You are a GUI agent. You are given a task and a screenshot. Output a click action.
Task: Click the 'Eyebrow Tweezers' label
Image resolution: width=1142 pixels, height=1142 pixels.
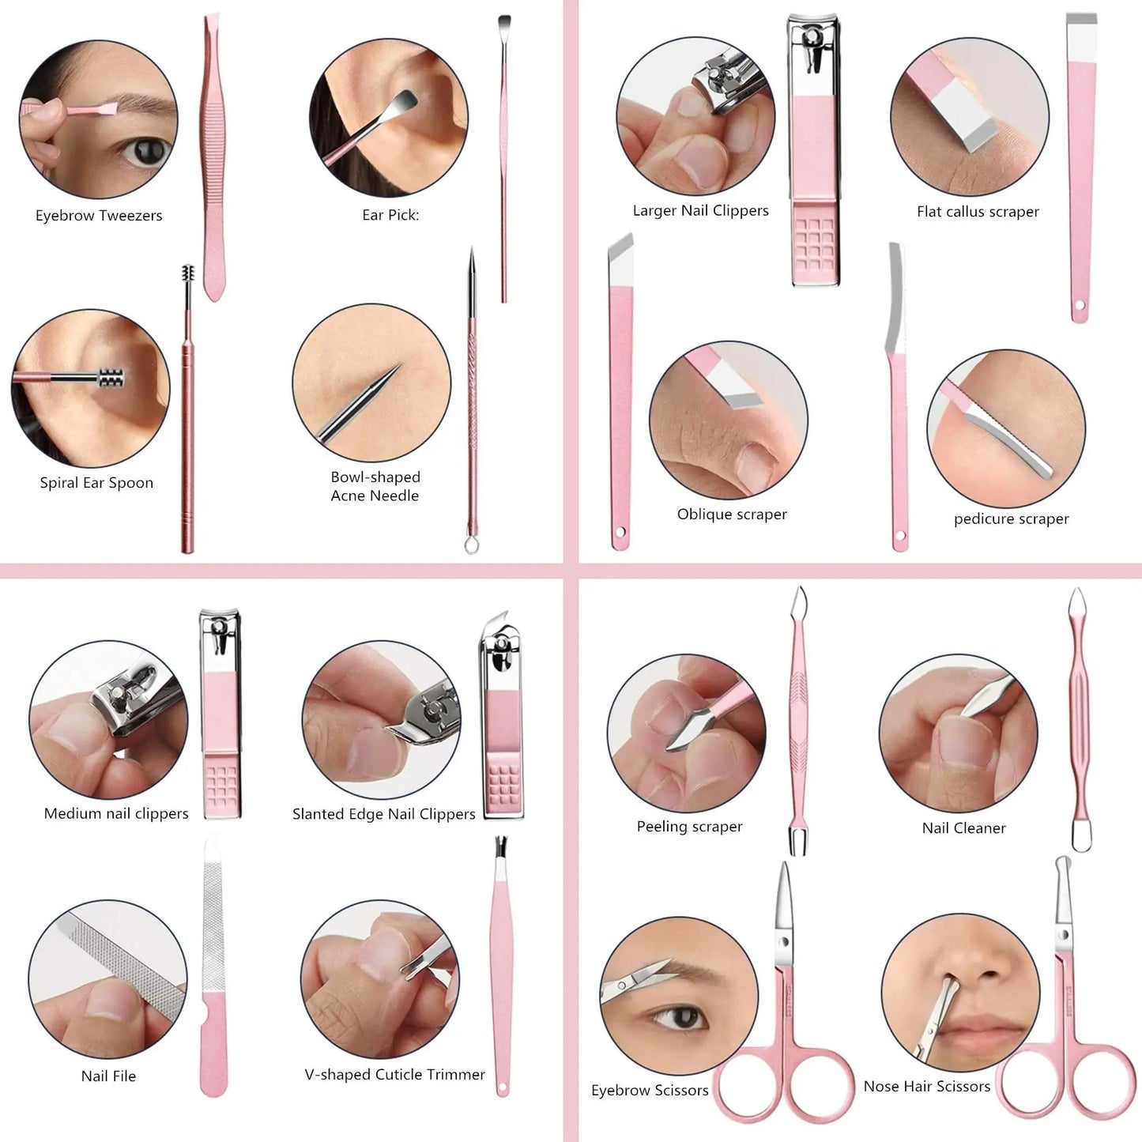(x=99, y=216)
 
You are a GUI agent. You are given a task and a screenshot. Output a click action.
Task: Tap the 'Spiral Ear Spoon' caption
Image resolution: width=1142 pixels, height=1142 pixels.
(x=96, y=483)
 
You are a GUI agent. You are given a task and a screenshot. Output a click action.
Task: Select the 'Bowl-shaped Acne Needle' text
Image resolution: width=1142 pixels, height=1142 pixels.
(x=375, y=486)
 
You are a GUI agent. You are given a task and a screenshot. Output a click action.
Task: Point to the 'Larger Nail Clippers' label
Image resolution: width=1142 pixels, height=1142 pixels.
(x=700, y=211)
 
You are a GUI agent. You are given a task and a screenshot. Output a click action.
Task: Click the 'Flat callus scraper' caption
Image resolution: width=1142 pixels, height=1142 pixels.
(x=978, y=212)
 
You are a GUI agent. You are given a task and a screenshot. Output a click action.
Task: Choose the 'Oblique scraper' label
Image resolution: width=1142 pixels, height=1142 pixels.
(x=732, y=514)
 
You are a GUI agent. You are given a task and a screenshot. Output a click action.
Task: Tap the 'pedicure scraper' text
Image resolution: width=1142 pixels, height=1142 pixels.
(x=1011, y=519)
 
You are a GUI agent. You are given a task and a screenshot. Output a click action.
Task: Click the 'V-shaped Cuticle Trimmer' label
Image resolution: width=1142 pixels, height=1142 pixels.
(x=394, y=1075)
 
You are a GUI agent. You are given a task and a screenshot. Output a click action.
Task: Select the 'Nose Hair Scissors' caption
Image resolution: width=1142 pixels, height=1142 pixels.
(x=926, y=1087)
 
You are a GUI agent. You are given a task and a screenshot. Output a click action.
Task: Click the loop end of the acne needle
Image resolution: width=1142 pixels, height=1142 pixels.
(x=472, y=545)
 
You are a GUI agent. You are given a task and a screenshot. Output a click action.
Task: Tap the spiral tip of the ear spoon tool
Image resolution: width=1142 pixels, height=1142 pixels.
(x=188, y=275)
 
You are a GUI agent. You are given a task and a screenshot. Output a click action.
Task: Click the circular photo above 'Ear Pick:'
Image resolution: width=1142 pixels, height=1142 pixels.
(x=389, y=118)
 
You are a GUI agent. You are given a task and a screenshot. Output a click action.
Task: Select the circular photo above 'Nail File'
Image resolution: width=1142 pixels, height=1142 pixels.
(x=108, y=978)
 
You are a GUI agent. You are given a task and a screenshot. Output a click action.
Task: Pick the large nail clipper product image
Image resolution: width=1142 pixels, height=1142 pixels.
(x=814, y=150)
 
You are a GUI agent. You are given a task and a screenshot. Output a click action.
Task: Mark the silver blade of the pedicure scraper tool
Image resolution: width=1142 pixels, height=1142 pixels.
(x=895, y=300)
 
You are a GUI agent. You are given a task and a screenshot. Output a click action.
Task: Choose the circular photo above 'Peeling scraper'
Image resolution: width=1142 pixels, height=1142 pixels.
(x=687, y=733)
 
